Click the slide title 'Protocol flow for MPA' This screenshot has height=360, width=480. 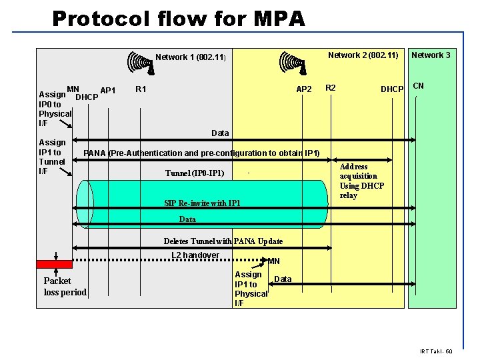[178, 18]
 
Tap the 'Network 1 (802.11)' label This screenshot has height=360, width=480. [191, 57]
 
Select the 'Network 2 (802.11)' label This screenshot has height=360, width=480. [363, 55]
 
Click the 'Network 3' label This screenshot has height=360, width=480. [430, 55]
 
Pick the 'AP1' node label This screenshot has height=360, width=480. [108, 91]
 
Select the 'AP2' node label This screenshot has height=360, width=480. [303, 89]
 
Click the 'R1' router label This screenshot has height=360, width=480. [141, 89]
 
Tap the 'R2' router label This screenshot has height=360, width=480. [330, 88]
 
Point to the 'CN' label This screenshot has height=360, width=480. [419, 85]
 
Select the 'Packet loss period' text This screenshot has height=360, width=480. [65, 287]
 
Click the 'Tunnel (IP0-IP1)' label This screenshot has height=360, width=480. [195, 174]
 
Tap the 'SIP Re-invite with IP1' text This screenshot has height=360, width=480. [202, 203]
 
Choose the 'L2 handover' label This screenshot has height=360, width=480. [195, 255]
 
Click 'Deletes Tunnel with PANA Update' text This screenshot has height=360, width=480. [223, 241]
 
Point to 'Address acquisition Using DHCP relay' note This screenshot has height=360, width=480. [361, 181]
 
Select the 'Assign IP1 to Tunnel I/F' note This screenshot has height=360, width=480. [52, 157]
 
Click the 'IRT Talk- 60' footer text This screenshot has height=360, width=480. [436, 351]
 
